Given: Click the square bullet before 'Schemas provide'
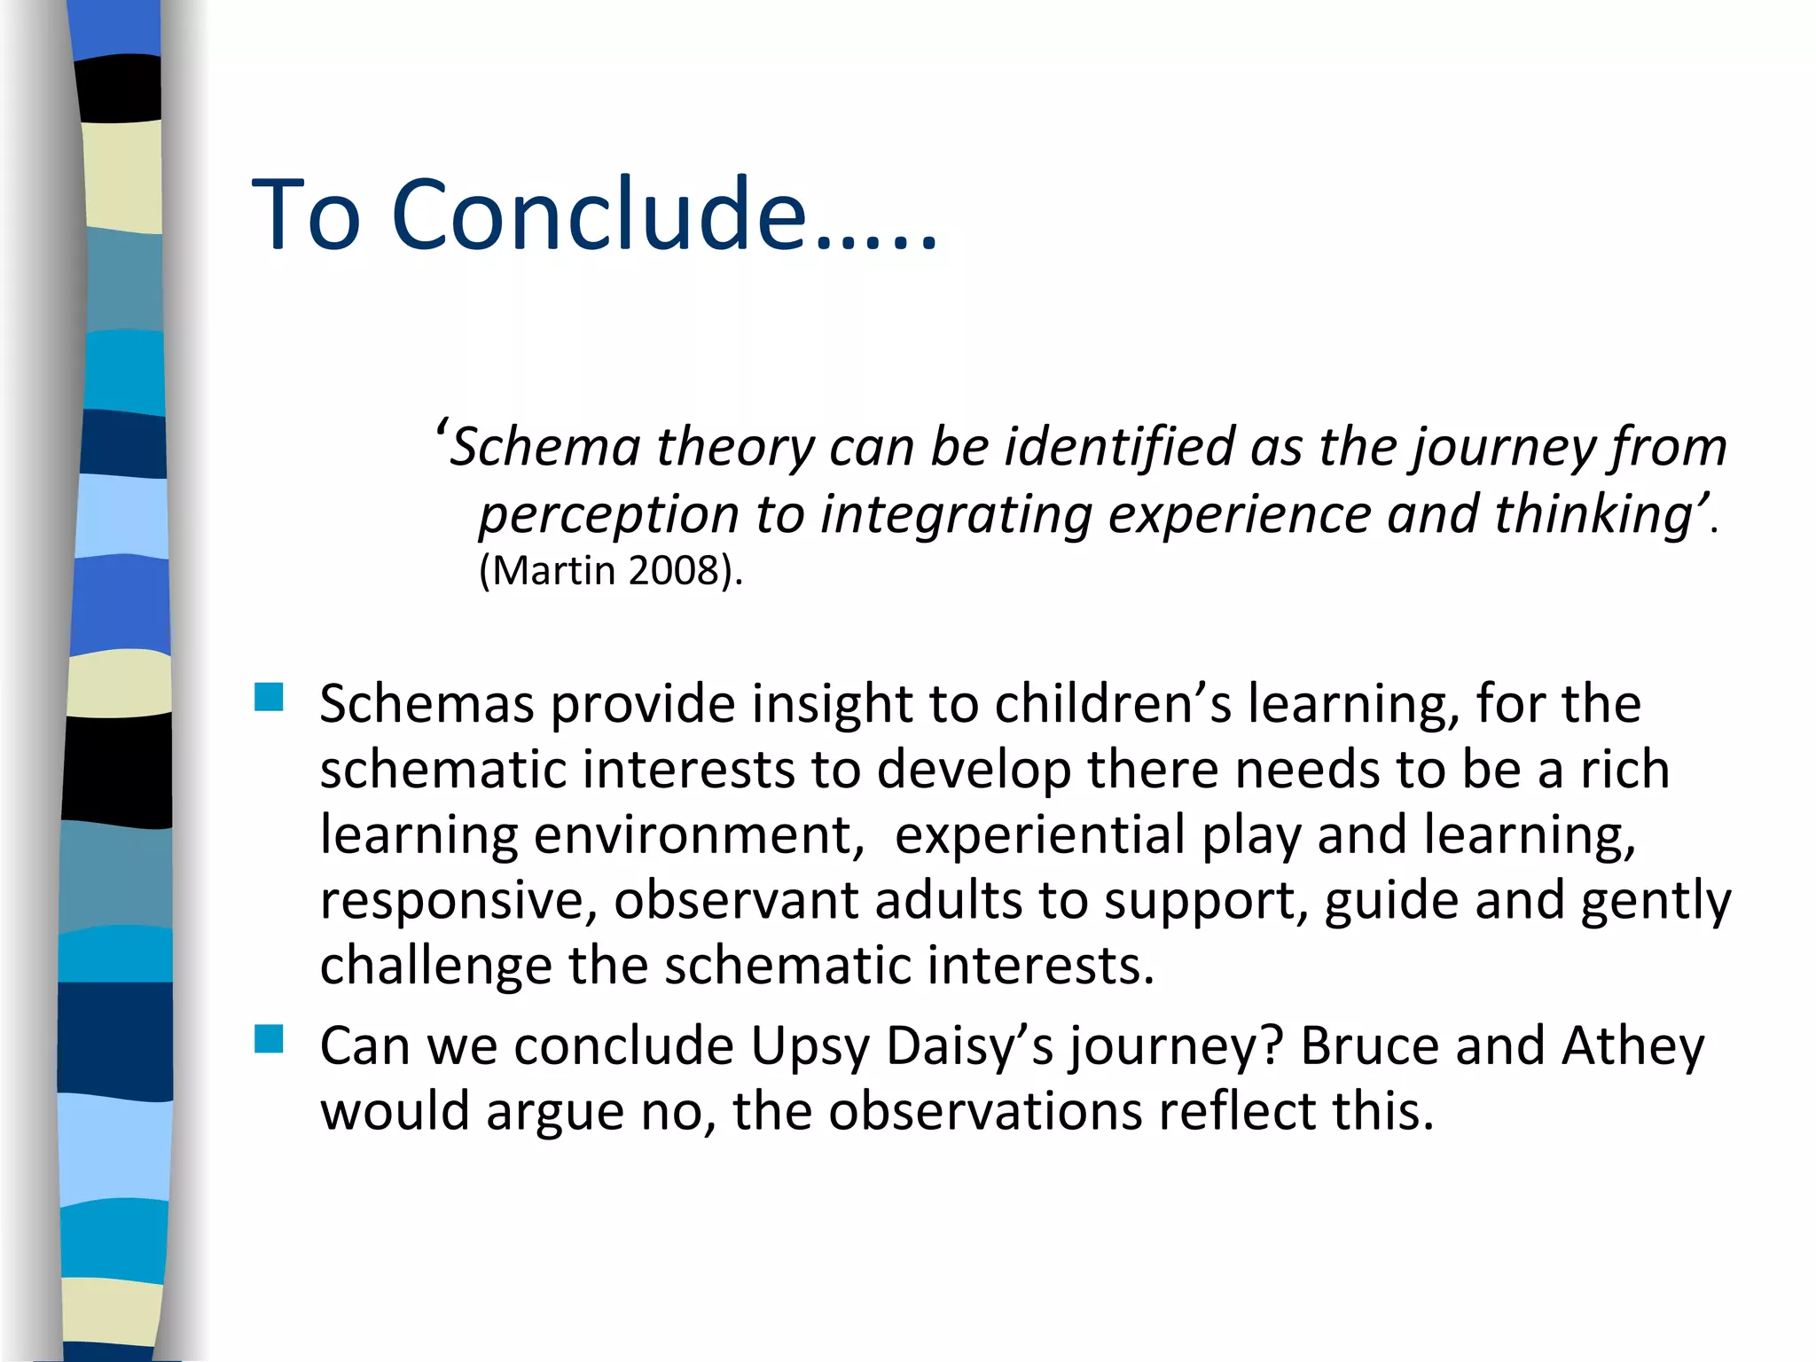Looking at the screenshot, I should [269, 697].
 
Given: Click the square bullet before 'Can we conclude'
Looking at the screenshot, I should [269, 1038].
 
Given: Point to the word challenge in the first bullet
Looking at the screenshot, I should [435, 967].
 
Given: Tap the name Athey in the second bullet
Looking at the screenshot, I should [1632, 1046].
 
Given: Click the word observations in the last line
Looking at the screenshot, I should [985, 1112].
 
